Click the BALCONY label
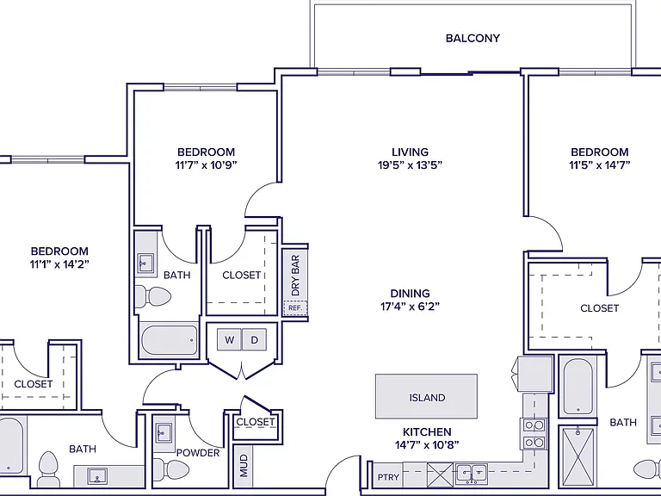[473, 39]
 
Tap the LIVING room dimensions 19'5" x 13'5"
[410, 165]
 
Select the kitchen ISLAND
[427, 396]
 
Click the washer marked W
[229, 339]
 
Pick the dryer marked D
[254, 339]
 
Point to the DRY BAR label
[295, 275]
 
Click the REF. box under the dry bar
[295, 308]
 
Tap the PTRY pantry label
[388, 477]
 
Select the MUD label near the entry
[244, 466]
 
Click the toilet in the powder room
[170, 469]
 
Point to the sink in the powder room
[163, 433]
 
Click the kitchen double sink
[472, 474]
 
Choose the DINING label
[410, 293]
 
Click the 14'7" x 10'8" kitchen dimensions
[427, 444]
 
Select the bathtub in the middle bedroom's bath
[170, 340]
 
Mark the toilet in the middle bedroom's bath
[152, 296]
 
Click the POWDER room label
[198, 453]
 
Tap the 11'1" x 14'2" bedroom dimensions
[59, 264]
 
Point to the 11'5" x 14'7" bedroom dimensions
[599, 165]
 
